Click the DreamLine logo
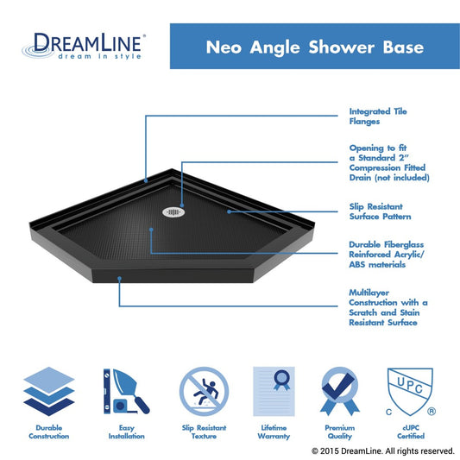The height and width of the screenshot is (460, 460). point(85,46)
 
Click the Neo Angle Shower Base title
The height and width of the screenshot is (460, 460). point(315,47)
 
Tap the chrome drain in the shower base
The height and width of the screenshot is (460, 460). point(173,211)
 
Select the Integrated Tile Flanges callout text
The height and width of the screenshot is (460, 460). point(378,117)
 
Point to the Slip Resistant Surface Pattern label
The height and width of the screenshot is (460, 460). point(380,211)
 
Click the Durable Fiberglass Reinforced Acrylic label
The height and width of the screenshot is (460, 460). point(387,255)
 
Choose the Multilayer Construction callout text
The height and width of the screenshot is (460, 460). point(388,307)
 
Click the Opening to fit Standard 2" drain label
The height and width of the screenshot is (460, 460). point(389,163)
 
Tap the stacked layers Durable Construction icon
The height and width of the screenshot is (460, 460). point(49,391)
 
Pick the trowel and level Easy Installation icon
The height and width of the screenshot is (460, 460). point(127,391)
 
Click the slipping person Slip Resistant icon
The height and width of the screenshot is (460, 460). point(204,391)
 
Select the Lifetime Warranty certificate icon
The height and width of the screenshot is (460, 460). point(274,391)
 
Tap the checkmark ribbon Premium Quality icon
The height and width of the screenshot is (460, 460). point(340,391)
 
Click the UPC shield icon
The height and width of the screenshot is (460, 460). point(411,392)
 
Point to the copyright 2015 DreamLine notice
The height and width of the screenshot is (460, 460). point(383,451)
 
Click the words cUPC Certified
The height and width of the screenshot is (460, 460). point(411,432)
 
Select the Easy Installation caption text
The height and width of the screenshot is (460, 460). point(127,432)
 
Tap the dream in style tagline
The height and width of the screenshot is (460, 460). point(100,56)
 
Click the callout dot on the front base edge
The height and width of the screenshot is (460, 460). point(119,278)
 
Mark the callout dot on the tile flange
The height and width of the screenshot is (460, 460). point(146,181)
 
